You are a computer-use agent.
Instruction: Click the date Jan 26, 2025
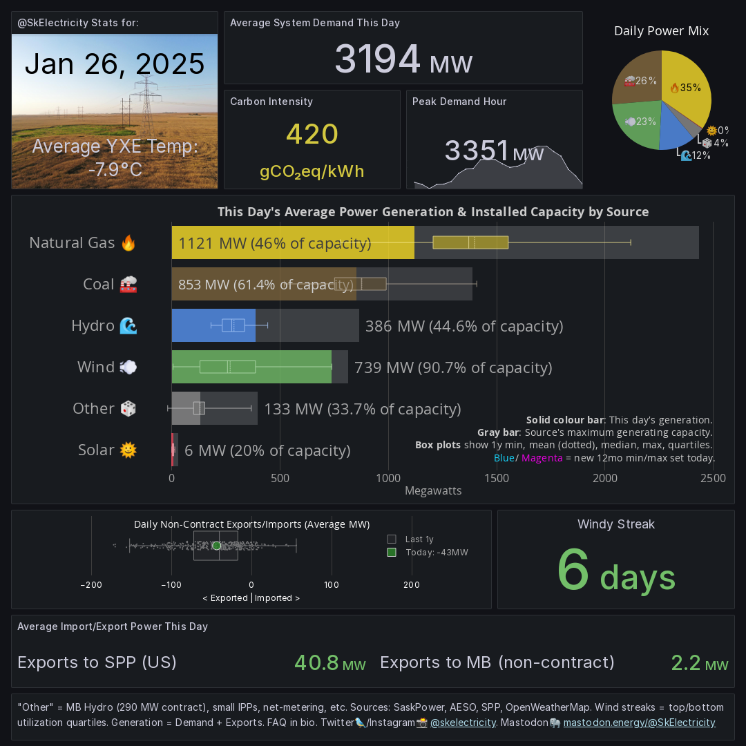coord(115,64)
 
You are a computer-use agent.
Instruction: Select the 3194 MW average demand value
coord(403,59)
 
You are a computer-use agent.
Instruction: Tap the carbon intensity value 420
coord(312,135)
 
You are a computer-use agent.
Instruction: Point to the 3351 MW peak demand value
coord(494,151)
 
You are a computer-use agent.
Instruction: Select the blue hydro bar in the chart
coord(213,325)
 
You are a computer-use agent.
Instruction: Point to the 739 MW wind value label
coord(452,367)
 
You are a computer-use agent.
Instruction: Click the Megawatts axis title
coord(432,491)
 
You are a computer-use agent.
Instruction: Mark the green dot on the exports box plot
coord(217,546)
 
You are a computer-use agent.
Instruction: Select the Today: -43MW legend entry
coord(435,553)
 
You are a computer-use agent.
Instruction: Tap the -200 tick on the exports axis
coord(91,585)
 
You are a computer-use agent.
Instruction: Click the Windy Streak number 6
coord(573,570)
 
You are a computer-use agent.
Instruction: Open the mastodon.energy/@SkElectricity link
coord(639,723)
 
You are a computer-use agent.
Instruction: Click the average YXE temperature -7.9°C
coord(115,169)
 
